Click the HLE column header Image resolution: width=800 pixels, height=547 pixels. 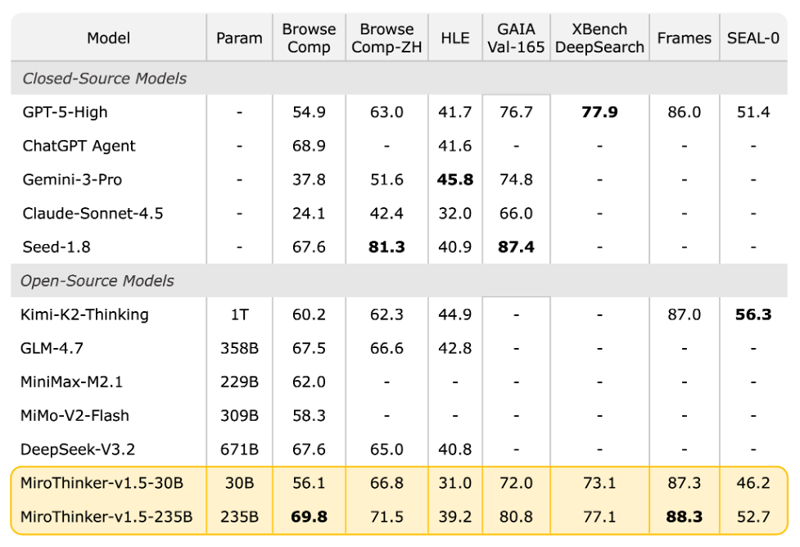tap(455, 38)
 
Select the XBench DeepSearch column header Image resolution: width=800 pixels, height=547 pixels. tap(599, 38)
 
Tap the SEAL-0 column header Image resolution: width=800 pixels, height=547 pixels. tap(753, 38)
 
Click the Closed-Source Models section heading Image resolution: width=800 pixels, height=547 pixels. tap(104, 79)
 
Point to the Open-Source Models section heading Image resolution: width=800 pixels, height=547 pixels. tap(97, 281)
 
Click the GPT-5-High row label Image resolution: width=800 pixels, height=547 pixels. tap(65, 112)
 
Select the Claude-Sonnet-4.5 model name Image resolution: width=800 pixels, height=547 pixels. tap(93, 214)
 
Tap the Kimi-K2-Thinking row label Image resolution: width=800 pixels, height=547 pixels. tap(84, 314)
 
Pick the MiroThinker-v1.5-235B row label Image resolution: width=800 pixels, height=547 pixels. tap(106, 517)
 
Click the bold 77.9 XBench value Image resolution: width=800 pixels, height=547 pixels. tap(599, 112)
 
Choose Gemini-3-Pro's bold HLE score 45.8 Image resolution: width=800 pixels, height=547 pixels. tap(455, 179)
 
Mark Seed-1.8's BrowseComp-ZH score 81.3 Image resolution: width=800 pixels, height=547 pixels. tap(386, 246)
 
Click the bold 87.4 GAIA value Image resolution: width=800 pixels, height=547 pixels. tap(516, 246)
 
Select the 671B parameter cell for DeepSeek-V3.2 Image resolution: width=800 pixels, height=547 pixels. tap(239, 450)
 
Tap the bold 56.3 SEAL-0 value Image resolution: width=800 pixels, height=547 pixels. tap(753, 314)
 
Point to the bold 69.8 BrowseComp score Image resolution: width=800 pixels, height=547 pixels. tap(309, 517)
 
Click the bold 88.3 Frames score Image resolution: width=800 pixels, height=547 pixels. tap(684, 517)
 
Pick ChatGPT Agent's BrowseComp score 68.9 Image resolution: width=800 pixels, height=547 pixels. tap(309, 146)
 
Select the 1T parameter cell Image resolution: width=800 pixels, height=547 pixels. tap(239, 314)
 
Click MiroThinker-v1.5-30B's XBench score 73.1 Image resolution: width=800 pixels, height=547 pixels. tap(599, 483)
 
